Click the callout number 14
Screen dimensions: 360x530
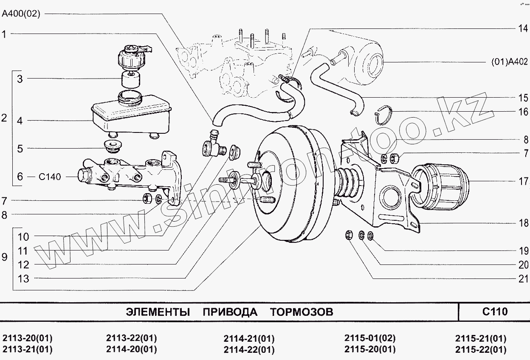coord(522,29)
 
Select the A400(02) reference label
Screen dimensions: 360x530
coord(21,14)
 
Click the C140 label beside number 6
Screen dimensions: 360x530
coord(50,177)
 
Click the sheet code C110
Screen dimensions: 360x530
coord(495,312)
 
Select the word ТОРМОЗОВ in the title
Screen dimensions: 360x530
coord(302,312)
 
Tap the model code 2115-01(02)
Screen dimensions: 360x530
coord(369,338)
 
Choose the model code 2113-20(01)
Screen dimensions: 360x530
coord(27,338)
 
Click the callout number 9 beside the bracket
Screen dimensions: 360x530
coord(5,257)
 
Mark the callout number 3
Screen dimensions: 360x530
coord(20,79)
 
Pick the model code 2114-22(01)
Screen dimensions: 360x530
coord(249,350)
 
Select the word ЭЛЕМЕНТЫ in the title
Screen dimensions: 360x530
coord(158,312)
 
